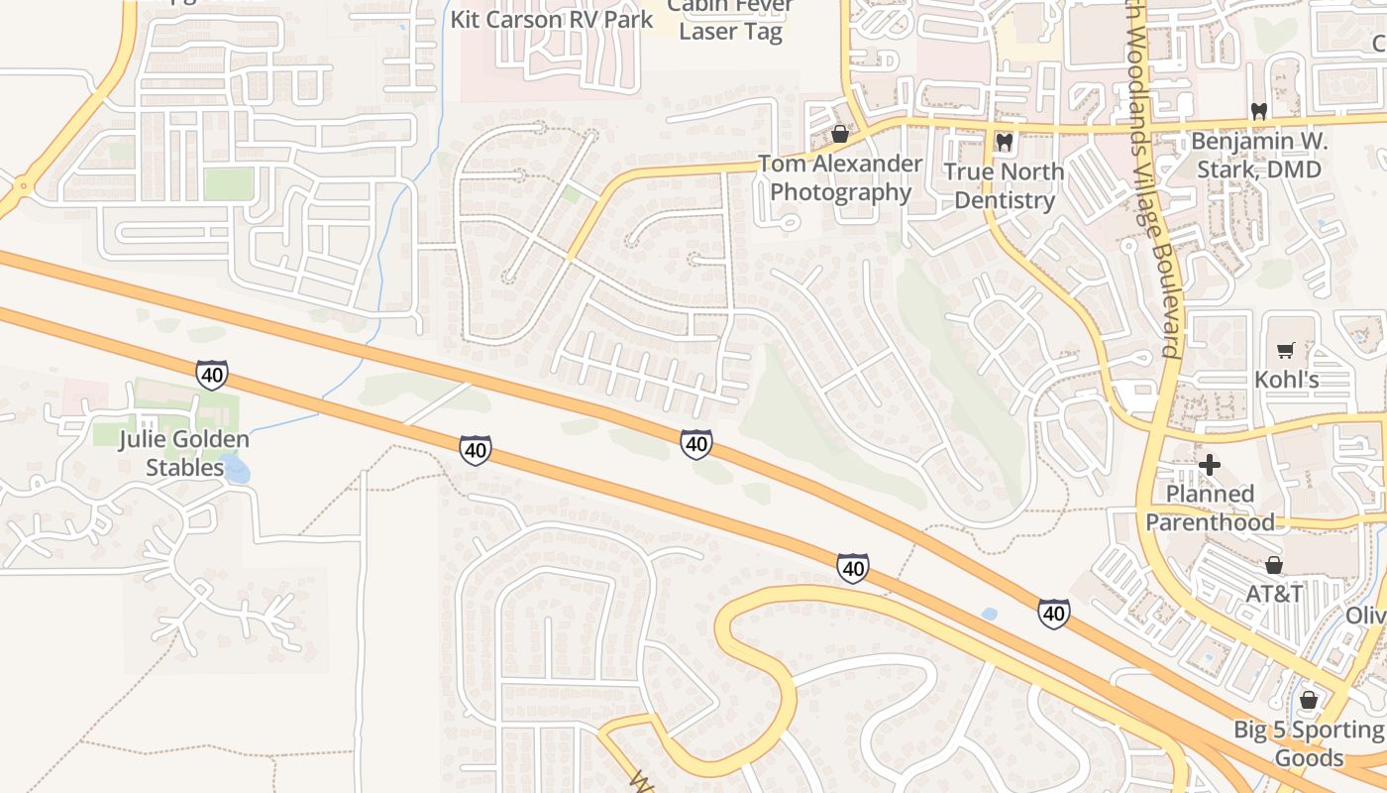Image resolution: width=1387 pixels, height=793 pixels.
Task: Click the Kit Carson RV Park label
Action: click(x=552, y=19)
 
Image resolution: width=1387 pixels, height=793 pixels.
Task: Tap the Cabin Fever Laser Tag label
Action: click(x=730, y=20)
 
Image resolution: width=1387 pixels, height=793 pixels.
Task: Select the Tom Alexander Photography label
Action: click(x=840, y=177)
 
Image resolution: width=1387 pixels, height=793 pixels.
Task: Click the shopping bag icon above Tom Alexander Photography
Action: click(x=840, y=134)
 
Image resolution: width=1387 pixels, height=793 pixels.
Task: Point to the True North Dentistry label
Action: click(x=1004, y=185)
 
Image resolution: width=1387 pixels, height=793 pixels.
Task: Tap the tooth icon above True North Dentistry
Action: click(x=1004, y=143)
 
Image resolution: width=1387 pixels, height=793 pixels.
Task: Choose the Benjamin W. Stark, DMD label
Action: click(x=1258, y=155)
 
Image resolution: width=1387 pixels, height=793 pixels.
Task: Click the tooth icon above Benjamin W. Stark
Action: click(x=1258, y=111)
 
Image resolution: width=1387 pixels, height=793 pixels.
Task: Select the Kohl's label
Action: click(x=1286, y=380)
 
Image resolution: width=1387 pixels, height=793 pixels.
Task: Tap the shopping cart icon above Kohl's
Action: click(x=1286, y=350)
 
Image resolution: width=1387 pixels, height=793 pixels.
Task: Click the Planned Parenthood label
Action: click(x=1210, y=508)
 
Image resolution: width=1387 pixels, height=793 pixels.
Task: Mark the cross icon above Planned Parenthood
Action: click(x=1210, y=464)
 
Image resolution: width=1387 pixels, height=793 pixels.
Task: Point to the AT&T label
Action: click(x=1274, y=594)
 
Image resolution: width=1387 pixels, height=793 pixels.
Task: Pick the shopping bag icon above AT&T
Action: click(x=1274, y=565)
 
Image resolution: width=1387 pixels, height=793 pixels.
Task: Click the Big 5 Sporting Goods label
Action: click(x=1308, y=743)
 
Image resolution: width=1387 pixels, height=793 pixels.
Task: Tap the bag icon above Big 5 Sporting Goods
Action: click(x=1308, y=701)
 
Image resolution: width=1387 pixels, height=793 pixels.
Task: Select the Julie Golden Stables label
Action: click(x=184, y=453)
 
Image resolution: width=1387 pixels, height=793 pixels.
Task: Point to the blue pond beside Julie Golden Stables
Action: click(x=236, y=468)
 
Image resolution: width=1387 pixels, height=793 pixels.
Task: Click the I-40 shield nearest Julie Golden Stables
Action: click(x=211, y=375)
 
